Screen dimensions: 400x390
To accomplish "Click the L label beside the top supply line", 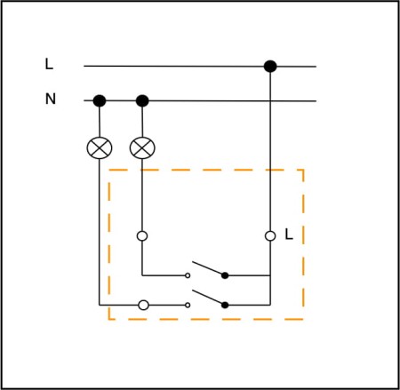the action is click(49, 64).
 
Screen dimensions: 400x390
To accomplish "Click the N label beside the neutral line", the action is click(51, 99).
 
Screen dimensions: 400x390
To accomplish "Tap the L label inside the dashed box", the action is click(289, 235).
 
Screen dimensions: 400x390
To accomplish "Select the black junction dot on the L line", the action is click(270, 67).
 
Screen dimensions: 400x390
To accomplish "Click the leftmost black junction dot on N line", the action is click(100, 100).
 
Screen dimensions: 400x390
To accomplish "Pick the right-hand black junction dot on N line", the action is click(142, 100).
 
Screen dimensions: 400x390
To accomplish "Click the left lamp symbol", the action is click(100, 148).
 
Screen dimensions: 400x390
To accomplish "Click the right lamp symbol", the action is click(142, 148).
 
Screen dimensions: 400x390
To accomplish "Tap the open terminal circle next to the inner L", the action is click(270, 236).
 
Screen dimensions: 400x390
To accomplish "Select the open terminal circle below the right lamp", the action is click(142, 236).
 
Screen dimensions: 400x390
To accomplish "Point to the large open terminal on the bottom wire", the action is click(144, 305).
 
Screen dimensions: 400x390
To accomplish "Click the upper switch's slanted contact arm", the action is click(207, 267).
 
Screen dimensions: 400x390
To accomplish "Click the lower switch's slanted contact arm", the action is click(207, 297).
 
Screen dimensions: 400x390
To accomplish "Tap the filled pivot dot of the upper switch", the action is click(225, 275).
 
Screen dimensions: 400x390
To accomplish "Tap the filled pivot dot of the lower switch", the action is click(225, 305).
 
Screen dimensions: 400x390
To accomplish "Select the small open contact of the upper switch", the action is click(188, 275).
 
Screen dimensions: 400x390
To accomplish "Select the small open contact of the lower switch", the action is click(188, 305).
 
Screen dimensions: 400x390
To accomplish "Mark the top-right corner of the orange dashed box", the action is click(303, 170).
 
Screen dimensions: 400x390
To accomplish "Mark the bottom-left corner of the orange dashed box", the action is click(109, 319).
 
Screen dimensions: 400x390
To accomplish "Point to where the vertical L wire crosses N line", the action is click(270, 101).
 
